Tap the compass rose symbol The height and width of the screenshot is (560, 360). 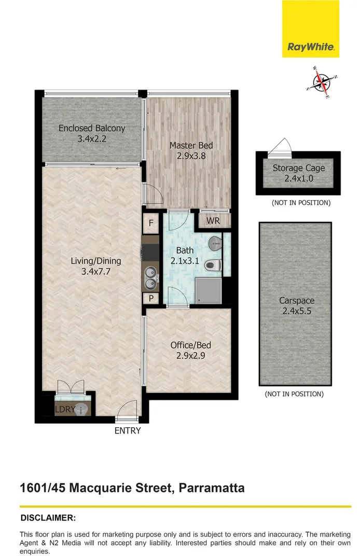[322, 82]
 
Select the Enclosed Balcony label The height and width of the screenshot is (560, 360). [92, 128]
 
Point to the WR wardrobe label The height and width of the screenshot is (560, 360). [213, 221]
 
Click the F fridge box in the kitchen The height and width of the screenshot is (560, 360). [151, 223]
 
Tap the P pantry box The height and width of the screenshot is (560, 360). [151, 298]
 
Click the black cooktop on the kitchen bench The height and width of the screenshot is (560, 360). [150, 253]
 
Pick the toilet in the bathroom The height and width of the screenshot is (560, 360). [213, 265]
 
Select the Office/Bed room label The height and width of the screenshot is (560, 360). [191, 345]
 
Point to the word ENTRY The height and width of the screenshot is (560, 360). [128, 430]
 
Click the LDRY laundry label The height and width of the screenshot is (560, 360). [65, 410]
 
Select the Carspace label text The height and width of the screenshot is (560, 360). [296, 301]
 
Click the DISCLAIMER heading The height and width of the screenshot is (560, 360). [48, 517]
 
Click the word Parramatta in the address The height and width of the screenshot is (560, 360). [212, 488]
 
